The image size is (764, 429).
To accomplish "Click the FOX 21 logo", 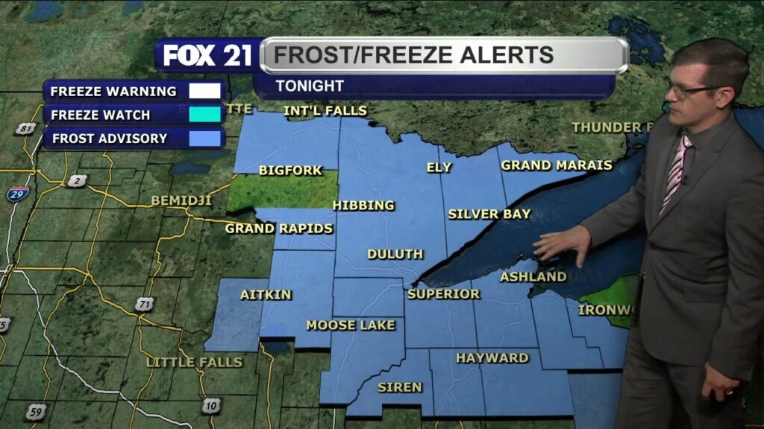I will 207,55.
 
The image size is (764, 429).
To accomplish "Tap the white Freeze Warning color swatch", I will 205,92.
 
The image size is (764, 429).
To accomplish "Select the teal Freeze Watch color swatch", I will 205,115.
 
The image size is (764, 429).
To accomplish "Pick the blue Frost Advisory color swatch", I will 205,138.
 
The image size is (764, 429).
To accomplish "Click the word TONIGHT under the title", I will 310,86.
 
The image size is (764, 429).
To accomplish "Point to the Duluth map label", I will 395,254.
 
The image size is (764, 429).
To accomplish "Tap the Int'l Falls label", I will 326,111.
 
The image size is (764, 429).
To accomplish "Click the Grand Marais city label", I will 556,165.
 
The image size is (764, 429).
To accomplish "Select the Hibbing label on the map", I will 363,206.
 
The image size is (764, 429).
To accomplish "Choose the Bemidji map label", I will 181,200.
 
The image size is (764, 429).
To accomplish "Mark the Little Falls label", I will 194,362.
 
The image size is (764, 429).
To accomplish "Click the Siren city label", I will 400,387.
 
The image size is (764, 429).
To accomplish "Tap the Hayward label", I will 492,358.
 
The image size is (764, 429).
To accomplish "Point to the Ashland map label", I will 533,277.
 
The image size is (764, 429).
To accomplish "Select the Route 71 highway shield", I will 145,304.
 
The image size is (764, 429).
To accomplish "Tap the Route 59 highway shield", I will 34,411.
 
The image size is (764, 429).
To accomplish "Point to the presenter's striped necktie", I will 677,171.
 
